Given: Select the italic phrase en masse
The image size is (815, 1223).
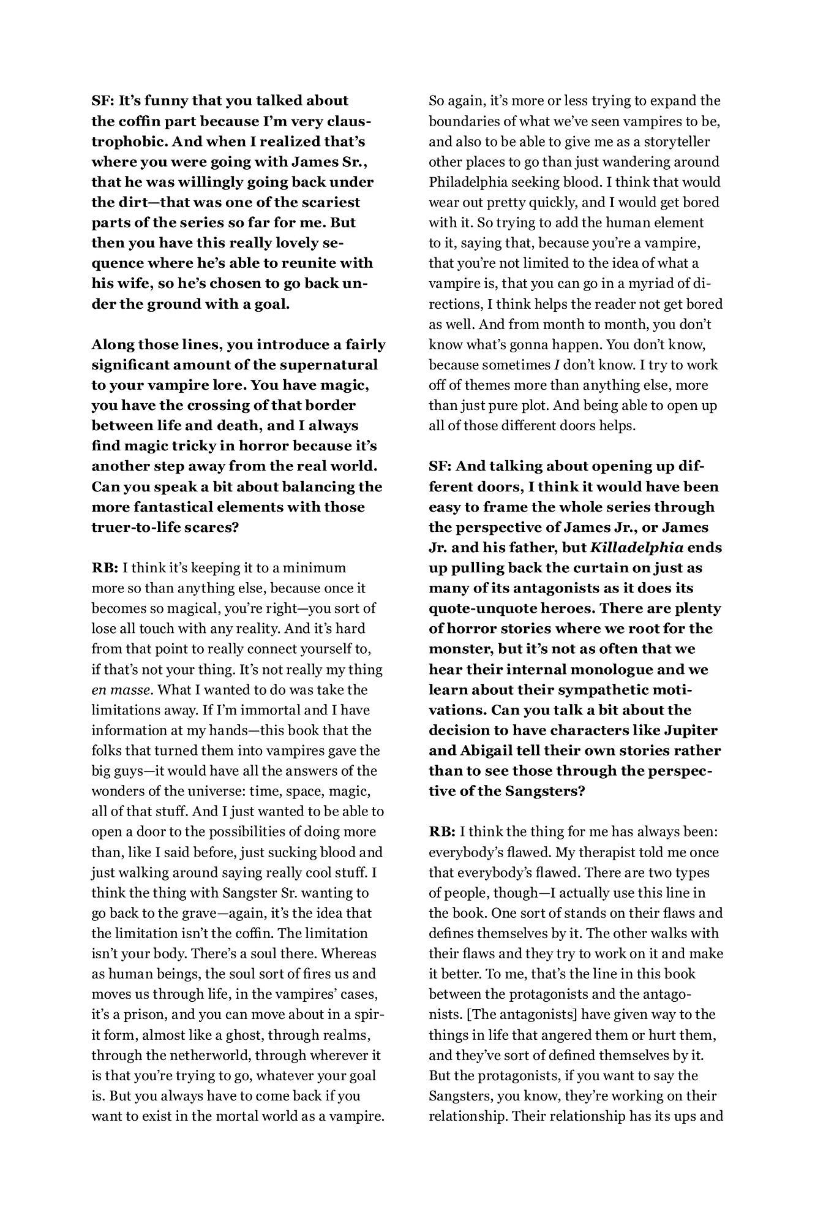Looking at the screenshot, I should [121, 690].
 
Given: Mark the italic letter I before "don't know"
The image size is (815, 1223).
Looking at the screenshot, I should [556, 365].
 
